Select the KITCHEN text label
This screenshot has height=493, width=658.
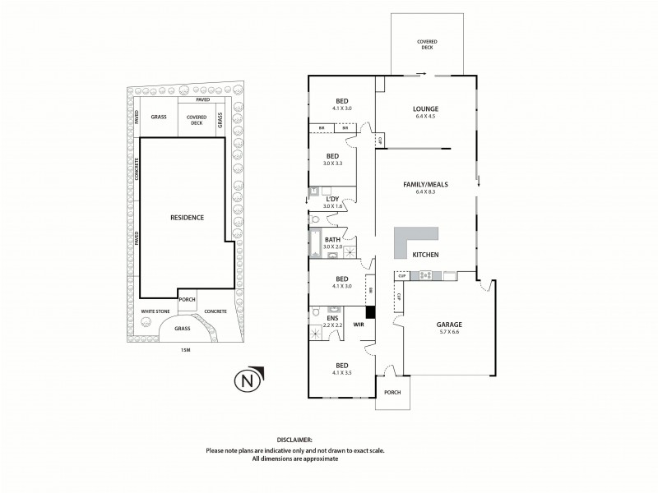pyautogui.click(x=425, y=255)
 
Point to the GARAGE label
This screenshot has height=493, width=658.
pyautogui.click(x=448, y=325)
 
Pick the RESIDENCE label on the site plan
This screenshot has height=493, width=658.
pyautogui.click(x=187, y=217)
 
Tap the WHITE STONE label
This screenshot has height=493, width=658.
pyautogui.click(x=155, y=311)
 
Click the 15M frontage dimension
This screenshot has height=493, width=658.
pyautogui.click(x=184, y=351)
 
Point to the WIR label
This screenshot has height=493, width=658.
pyautogui.click(x=359, y=325)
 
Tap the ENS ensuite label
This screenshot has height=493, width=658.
pyautogui.click(x=332, y=318)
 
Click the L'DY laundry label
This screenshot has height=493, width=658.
pyautogui.click(x=332, y=199)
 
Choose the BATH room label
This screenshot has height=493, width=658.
pyautogui.click(x=332, y=239)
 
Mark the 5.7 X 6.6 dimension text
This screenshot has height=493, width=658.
pyautogui.click(x=448, y=333)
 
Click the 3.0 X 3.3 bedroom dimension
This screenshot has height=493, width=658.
pyautogui.click(x=332, y=164)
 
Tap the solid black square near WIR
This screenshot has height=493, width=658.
pyautogui.click(x=370, y=312)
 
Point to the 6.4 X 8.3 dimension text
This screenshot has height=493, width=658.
pyautogui.click(x=425, y=191)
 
